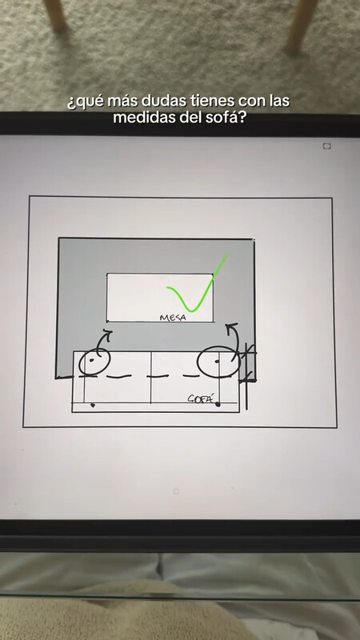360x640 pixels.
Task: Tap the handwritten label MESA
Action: (x=173, y=317)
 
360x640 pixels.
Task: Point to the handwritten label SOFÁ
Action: (x=201, y=398)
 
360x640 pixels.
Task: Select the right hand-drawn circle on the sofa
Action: (x=198, y=363)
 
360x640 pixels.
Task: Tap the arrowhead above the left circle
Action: (x=107, y=333)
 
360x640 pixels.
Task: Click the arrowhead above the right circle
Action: (x=232, y=326)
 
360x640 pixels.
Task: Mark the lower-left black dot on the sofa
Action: (x=93, y=406)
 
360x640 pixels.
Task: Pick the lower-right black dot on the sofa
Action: (x=218, y=405)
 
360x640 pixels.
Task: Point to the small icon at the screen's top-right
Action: (x=326, y=146)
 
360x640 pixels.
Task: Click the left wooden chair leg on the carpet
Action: (x=57, y=15)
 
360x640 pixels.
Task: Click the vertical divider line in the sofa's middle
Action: (x=151, y=378)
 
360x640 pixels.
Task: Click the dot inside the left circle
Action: (x=91, y=360)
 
